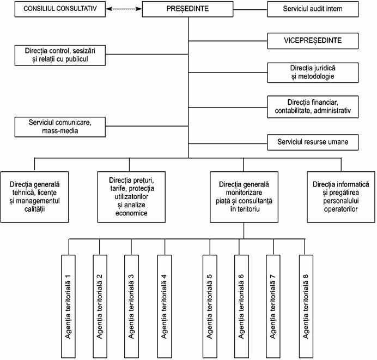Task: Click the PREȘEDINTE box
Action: pos(187,9)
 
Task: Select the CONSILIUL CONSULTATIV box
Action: pos(60,9)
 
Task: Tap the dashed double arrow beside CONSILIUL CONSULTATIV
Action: pos(124,9)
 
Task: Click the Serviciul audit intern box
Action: pos(313,9)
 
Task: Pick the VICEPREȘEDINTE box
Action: pos(313,41)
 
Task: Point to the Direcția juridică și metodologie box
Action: pos(313,73)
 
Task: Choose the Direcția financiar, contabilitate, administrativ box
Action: pos(313,107)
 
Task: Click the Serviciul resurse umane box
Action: pos(313,142)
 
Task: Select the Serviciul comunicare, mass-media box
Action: pos(60,127)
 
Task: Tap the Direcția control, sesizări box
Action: pos(60,55)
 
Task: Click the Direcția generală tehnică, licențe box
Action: pos(35,197)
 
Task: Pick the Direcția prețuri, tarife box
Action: pos(131,197)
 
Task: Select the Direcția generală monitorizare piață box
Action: pos(244,197)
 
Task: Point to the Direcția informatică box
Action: pos(341,197)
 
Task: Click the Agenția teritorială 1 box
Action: pos(68,307)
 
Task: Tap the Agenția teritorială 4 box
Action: pos(165,307)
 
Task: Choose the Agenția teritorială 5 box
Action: pos(210,307)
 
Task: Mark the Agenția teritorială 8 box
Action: pos(306,307)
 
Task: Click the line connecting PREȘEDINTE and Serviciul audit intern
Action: pos(250,10)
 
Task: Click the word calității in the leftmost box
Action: pos(35,209)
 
